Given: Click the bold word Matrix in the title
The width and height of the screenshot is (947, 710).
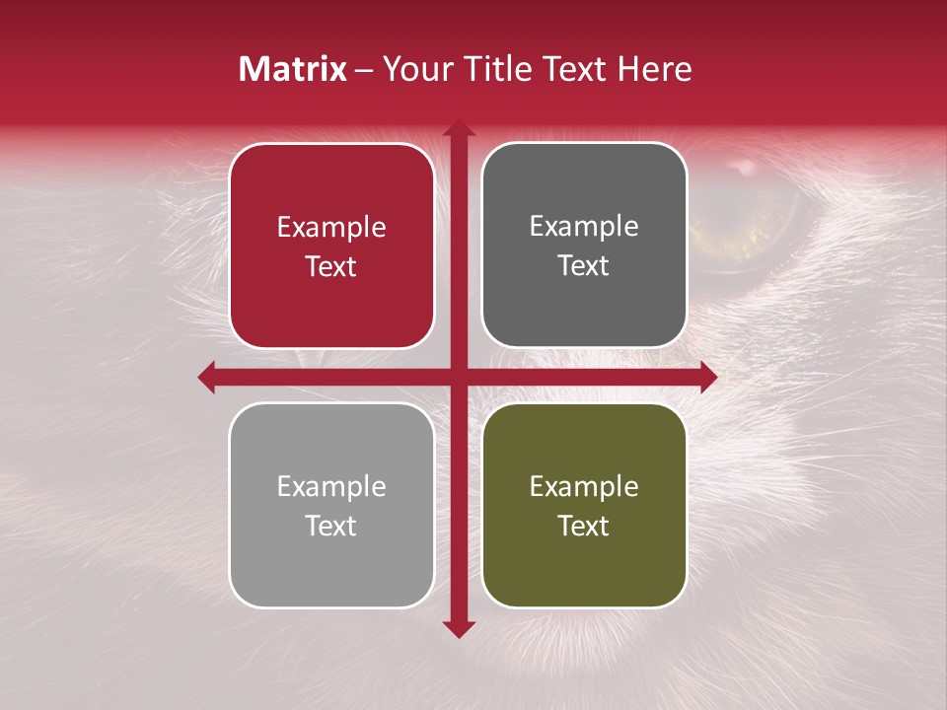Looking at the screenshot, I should click(x=293, y=69).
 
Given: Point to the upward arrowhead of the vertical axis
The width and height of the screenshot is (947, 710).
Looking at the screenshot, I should click(x=458, y=128).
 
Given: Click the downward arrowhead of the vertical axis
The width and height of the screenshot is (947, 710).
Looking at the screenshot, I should click(x=458, y=628).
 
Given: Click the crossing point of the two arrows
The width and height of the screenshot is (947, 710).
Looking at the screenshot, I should click(x=458, y=377).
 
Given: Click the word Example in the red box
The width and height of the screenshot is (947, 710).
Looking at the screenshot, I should click(x=331, y=228).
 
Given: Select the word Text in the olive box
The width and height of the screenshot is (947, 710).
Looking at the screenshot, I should click(x=584, y=526).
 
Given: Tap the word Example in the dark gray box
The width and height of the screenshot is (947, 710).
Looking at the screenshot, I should click(x=584, y=227).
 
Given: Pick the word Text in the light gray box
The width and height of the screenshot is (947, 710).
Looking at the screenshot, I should click(x=331, y=526).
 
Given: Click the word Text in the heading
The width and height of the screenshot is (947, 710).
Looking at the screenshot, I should click(x=579, y=69).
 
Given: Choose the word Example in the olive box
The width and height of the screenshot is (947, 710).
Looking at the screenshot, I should click(x=584, y=486).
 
